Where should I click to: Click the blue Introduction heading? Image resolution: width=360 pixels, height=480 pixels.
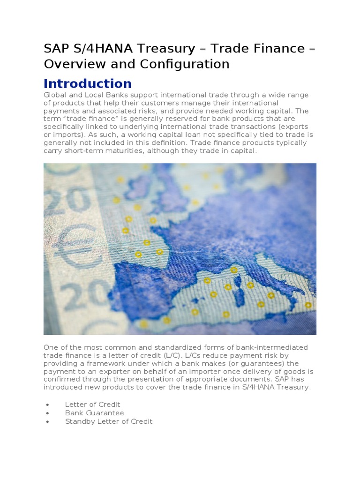click(x=88, y=83)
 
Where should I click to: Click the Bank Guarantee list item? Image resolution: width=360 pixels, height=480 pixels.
click(x=94, y=413)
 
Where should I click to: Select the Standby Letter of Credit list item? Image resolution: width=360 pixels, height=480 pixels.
click(x=109, y=421)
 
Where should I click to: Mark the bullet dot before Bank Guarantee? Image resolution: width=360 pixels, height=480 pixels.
click(x=48, y=413)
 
